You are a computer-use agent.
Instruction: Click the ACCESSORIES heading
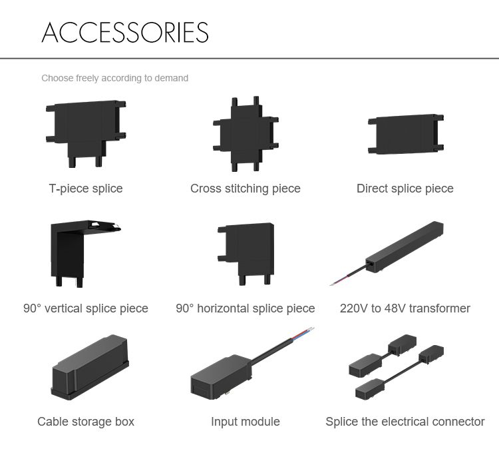(x=125, y=32)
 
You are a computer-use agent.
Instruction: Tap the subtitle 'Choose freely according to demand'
(x=115, y=78)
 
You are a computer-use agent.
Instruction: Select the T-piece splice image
(x=86, y=134)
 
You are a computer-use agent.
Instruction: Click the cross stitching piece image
(x=246, y=134)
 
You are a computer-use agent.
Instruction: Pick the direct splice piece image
(x=406, y=134)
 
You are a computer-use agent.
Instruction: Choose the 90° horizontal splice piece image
(x=246, y=254)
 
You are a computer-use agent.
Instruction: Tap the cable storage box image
(x=90, y=367)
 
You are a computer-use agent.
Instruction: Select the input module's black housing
(x=221, y=376)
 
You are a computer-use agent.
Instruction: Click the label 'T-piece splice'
(x=86, y=189)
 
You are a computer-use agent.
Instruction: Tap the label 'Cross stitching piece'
(x=246, y=189)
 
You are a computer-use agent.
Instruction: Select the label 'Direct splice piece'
(x=405, y=189)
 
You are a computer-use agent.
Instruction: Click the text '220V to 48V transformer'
(x=405, y=308)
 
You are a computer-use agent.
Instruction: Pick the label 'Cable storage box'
(x=86, y=422)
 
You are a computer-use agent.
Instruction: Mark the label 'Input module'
(x=246, y=422)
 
